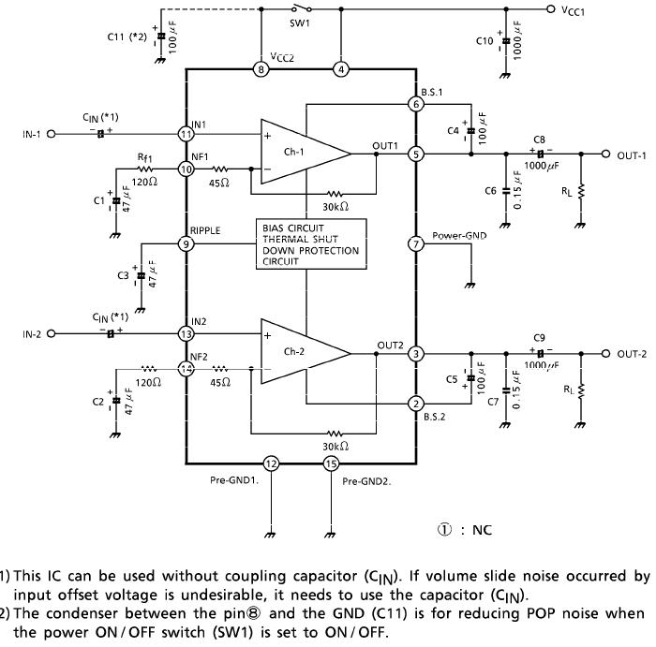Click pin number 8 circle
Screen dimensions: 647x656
pos(261,69)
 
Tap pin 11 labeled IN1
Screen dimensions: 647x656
pos(186,134)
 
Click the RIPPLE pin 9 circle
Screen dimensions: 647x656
pos(186,244)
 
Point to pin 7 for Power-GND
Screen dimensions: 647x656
pos(416,244)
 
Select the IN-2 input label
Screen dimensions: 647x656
pos(33,333)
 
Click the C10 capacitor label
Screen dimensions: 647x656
pos(485,42)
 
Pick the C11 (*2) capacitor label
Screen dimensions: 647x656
pos(127,37)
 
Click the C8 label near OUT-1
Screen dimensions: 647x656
pos(540,139)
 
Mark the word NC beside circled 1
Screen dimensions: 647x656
pos(482,530)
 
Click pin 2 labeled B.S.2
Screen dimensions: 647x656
pos(416,404)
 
